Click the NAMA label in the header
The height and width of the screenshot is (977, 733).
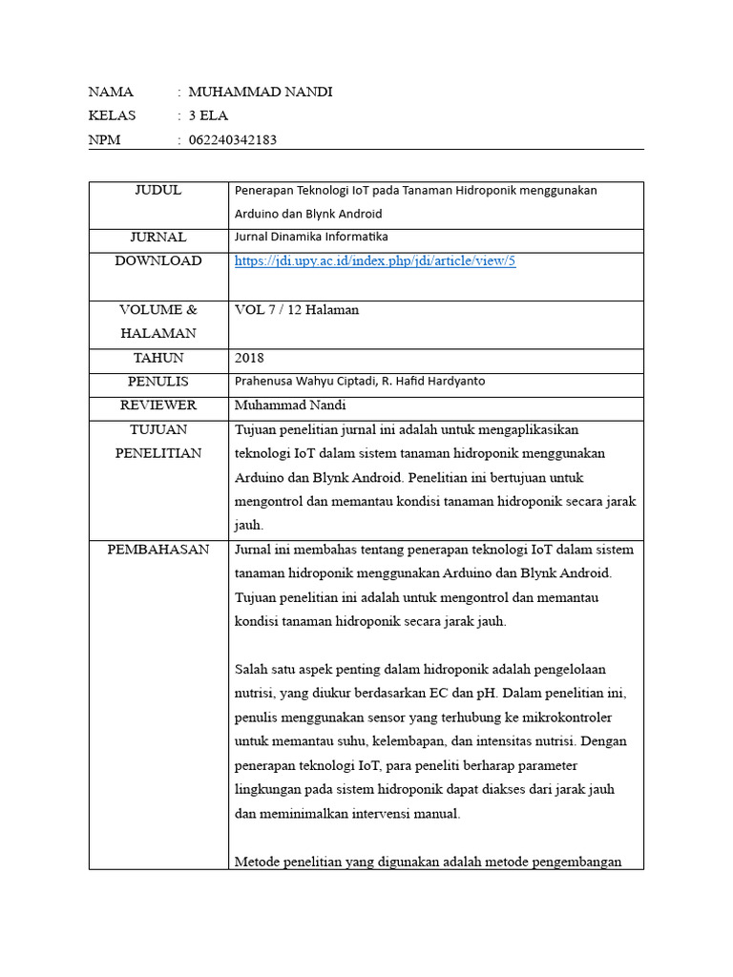tap(111, 93)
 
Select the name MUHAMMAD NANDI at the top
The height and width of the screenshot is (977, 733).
tap(261, 93)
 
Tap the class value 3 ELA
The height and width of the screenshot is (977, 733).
tap(208, 116)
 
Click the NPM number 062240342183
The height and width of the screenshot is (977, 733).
tap(233, 141)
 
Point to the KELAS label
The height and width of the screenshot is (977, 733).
tap(112, 116)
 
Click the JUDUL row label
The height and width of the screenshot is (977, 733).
tap(158, 191)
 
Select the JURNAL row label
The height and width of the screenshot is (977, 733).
tap(158, 238)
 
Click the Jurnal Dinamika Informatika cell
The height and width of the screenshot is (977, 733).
tap(311, 238)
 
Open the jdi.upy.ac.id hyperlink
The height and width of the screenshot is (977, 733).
tap(375, 261)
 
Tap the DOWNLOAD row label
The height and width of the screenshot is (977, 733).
tap(158, 261)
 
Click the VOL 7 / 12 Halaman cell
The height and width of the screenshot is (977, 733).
tap(297, 310)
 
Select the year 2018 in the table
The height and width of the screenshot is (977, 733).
tap(249, 358)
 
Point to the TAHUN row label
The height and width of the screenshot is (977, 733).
tap(158, 358)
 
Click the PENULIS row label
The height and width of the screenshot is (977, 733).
tap(158, 382)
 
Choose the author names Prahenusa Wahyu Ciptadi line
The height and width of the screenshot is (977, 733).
tap(359, 382)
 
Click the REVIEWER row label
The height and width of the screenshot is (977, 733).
tap(158, 405)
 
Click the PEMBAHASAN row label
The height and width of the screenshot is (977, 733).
tap(158, 550)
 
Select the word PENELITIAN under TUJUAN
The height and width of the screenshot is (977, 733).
tap(158, 453)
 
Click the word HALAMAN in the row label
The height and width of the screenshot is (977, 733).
tap(158, 334)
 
